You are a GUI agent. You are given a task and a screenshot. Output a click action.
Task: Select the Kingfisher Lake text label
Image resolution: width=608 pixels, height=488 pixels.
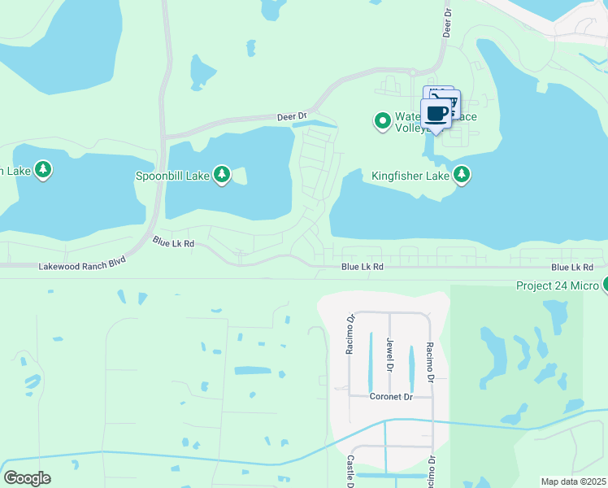tap(410, 175)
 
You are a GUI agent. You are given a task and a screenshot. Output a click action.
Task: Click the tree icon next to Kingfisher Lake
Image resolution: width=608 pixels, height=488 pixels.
tap(462, 175)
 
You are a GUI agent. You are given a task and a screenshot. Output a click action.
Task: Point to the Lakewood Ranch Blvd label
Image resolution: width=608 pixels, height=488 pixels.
tap(83, 266)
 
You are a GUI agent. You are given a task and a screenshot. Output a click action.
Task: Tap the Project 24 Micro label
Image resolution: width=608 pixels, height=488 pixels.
tap(558, 285)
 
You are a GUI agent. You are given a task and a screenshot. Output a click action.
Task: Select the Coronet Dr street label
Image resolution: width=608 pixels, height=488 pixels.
tap(392, 397)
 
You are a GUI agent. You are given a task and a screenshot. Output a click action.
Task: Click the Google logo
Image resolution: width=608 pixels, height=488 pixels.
tap(27, 477)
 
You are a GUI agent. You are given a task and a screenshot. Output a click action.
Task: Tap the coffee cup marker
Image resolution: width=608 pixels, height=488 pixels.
tap(436, 114)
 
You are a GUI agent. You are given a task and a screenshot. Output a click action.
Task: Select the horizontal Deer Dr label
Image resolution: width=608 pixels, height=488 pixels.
tap(292, 116)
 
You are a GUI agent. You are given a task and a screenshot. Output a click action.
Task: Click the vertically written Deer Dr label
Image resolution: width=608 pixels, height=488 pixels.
tap(446, 24)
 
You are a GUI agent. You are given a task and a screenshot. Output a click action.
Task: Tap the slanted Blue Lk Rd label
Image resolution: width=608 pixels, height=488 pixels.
tap(173, 242)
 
